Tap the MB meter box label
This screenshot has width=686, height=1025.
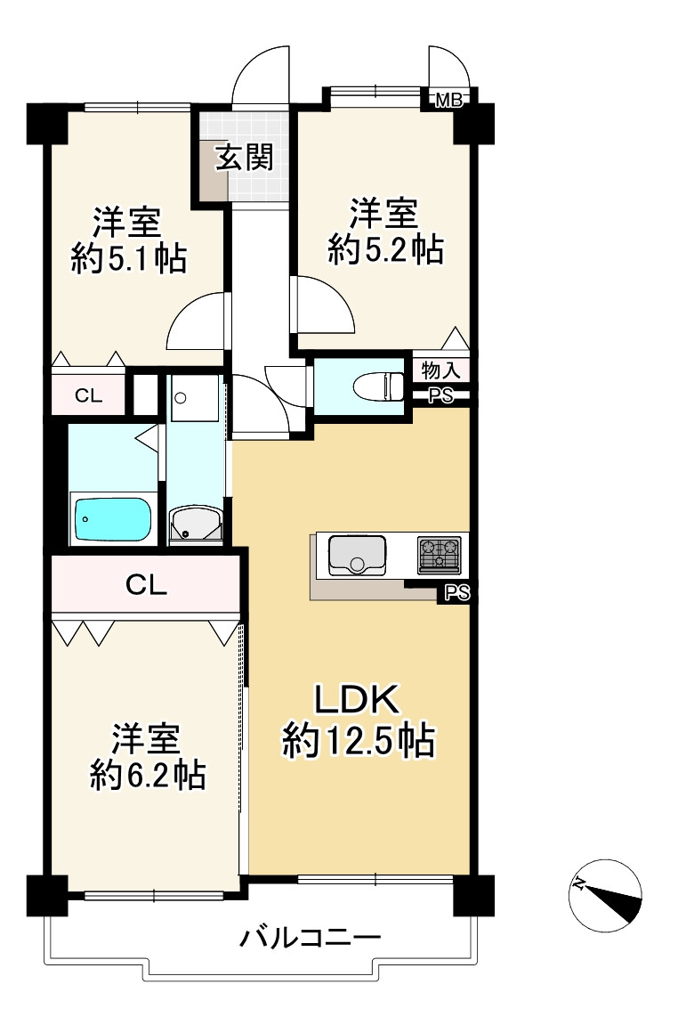click(448, 101)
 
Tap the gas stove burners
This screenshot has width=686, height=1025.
click(440, 554)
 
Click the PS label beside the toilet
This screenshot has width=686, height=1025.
click(440, 396)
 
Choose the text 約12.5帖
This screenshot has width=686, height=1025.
click(359, 741)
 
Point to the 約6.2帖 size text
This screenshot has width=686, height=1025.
click(148, 776)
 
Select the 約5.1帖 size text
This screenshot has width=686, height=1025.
click(128, 258)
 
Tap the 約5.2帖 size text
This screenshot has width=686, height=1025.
click(384, 251)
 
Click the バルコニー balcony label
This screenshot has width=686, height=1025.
click(311, 938)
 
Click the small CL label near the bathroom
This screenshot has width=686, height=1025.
click(87, 397)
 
